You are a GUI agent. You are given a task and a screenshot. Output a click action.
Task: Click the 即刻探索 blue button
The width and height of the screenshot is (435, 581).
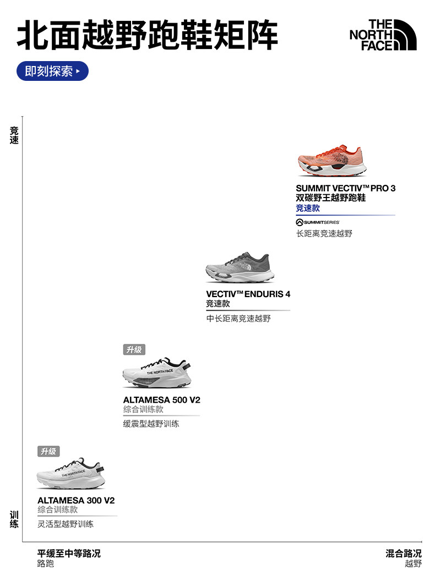(52, 71)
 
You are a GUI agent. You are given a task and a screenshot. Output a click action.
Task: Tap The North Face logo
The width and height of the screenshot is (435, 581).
(383, 35)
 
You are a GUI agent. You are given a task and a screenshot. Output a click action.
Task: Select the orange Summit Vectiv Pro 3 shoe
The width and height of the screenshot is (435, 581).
(331, 161)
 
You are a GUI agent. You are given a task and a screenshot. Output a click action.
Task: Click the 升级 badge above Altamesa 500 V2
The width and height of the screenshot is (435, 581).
(134, 349)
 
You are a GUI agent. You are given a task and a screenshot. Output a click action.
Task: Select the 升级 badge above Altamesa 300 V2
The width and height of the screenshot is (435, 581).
(48, 452)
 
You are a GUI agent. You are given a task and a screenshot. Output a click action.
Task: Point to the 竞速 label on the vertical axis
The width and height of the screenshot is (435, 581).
(14, 135)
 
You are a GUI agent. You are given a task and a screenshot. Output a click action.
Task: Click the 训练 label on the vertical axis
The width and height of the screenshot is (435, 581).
(14, 519)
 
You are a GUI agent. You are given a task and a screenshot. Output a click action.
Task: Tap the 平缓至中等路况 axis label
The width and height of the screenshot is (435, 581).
(69, 553)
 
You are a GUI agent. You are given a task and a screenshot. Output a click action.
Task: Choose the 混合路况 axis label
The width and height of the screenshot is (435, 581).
(403, 553)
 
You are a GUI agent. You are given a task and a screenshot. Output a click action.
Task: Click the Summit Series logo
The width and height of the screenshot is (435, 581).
(318, 222)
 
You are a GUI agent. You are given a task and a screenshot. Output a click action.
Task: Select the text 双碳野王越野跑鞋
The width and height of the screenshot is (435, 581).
(330, 198)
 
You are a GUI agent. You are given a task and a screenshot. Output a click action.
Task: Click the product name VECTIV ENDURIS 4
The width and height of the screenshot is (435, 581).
(248, 294)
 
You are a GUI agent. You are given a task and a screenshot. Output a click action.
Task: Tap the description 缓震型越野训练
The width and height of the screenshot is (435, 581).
(151, 424)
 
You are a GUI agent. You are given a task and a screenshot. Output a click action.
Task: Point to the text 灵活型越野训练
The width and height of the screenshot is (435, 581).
(66, 524)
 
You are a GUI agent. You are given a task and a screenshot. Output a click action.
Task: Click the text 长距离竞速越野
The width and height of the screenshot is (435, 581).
(324, 233)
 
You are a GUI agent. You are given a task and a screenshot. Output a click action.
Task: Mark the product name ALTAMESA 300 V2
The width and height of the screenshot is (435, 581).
(76, 501)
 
